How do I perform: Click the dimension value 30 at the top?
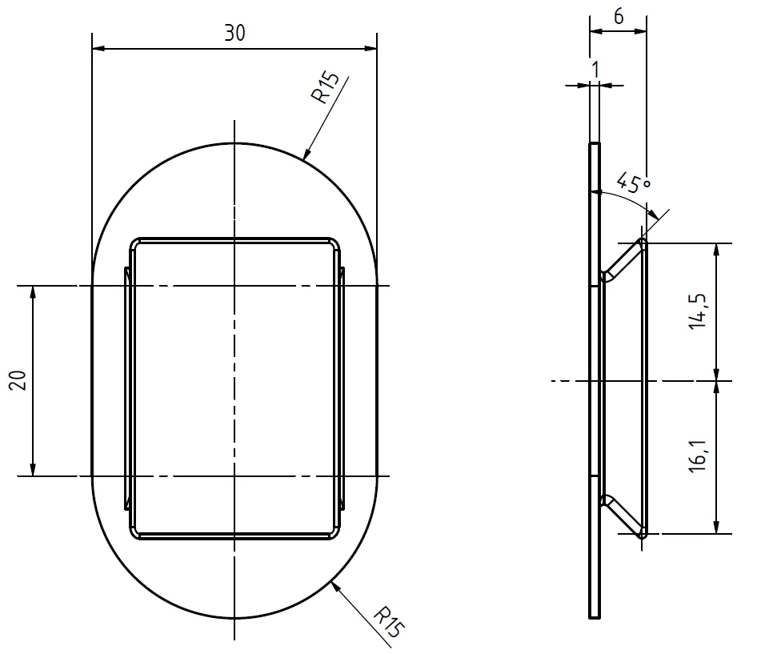[234, 33]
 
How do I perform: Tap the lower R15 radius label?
[387, 623]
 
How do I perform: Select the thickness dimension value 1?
[595, 70]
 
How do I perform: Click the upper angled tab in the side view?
[624, 259]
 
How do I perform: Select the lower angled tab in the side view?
[624, 516]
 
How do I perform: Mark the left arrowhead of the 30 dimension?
[98, 49]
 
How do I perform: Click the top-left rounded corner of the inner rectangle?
[136, 243]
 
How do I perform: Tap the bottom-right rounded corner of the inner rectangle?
[334, 533]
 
